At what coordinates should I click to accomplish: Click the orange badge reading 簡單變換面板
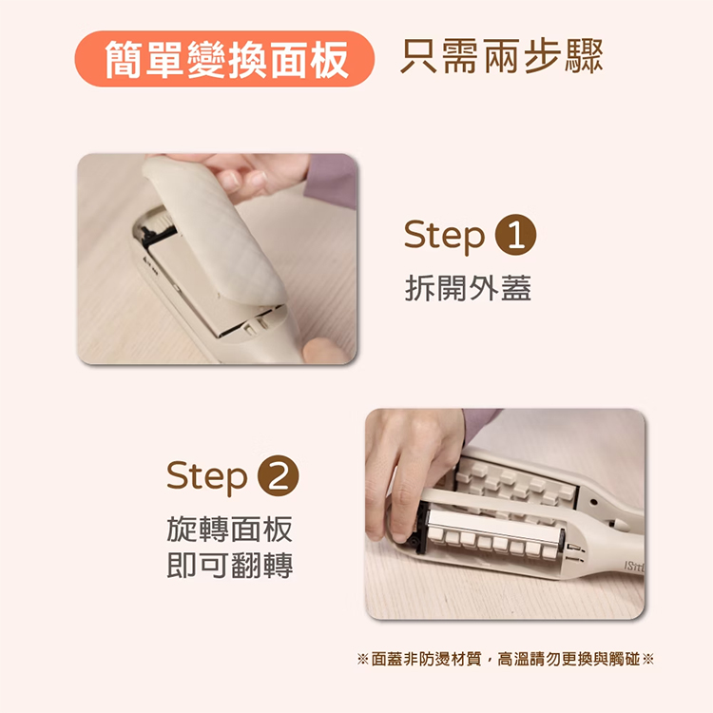click(x=224, y=59)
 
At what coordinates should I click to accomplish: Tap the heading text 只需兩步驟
click(x=502, y=56)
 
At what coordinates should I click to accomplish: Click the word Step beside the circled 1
click(x=444, y=236)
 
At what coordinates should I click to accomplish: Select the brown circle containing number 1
click(x=515, y=235)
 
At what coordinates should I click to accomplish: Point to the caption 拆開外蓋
click(x=468, y=288)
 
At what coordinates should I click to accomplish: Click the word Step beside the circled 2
click(x=207, y=477)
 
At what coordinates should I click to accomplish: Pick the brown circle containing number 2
click(x=279, y=475)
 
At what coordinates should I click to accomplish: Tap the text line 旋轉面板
click(x=230, y=529)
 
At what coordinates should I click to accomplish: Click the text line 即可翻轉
click(x=230, y=566)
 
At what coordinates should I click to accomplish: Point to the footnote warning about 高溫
click(x=506, y=659)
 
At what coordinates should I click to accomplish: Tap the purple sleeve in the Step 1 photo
click(x=332, y=180)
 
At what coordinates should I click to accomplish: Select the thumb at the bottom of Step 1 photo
click(x=324, y=350)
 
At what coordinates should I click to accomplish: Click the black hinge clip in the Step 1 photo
click(x=157, y=233)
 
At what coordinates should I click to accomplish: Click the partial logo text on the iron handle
click(x=634, y=567)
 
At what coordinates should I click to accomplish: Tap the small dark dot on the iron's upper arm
click(x=593, y=503)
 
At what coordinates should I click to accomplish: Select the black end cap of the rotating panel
click(x=421, y=528)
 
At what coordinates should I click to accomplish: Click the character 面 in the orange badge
click(x=288, y=59)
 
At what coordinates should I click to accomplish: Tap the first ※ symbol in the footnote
click(x=362, y=659)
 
